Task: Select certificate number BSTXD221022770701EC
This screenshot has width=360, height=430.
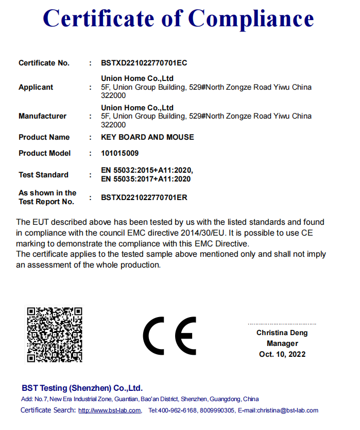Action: [x=144, y=63]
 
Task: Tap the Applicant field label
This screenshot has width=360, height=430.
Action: [x=36, y=87]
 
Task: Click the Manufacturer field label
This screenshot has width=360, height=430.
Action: [x=42, y=116]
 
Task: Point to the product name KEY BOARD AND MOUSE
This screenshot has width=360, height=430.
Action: [x=147, y=137]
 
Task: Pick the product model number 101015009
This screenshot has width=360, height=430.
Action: [x=120, y=153]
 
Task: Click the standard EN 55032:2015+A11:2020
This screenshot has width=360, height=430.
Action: [x=147, y=170]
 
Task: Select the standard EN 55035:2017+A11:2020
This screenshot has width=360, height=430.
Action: [x=146, y=179]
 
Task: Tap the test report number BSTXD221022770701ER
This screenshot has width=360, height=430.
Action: [x=144, y=197]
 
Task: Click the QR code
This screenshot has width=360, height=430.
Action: [x=55, y=334]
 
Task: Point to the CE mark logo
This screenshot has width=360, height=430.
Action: [x=169, y=336]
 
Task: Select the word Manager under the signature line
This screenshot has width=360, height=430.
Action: [x=282, y=343]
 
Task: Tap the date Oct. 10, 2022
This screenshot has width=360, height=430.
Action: [x=282, y=354]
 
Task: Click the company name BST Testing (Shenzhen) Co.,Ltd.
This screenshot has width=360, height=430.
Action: [x=82, y=388]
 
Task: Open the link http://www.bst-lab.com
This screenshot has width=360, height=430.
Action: [x=110, y=410]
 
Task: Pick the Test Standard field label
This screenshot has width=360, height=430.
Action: [x=43, y=175]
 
